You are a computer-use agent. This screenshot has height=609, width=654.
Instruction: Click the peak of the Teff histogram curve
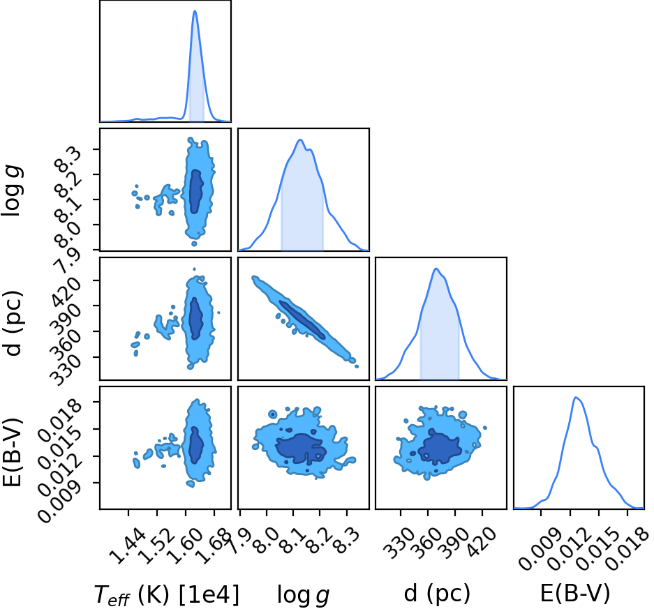[x=195, y=11]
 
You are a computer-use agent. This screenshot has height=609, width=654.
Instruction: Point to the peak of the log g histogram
[x=301, y=140]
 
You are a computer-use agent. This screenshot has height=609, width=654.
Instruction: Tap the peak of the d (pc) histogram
[x=436, y=269]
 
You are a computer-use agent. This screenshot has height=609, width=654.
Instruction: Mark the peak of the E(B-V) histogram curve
[x=576, y=398]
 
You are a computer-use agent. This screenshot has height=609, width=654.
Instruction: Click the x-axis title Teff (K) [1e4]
[x=167, y=595]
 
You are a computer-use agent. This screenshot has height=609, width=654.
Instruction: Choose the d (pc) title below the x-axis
[x=437, y=594]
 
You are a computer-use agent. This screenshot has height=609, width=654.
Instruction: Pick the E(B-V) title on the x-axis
[x=575, y=594]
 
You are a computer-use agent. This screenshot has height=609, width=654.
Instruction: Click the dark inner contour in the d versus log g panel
[x=302, y=319]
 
